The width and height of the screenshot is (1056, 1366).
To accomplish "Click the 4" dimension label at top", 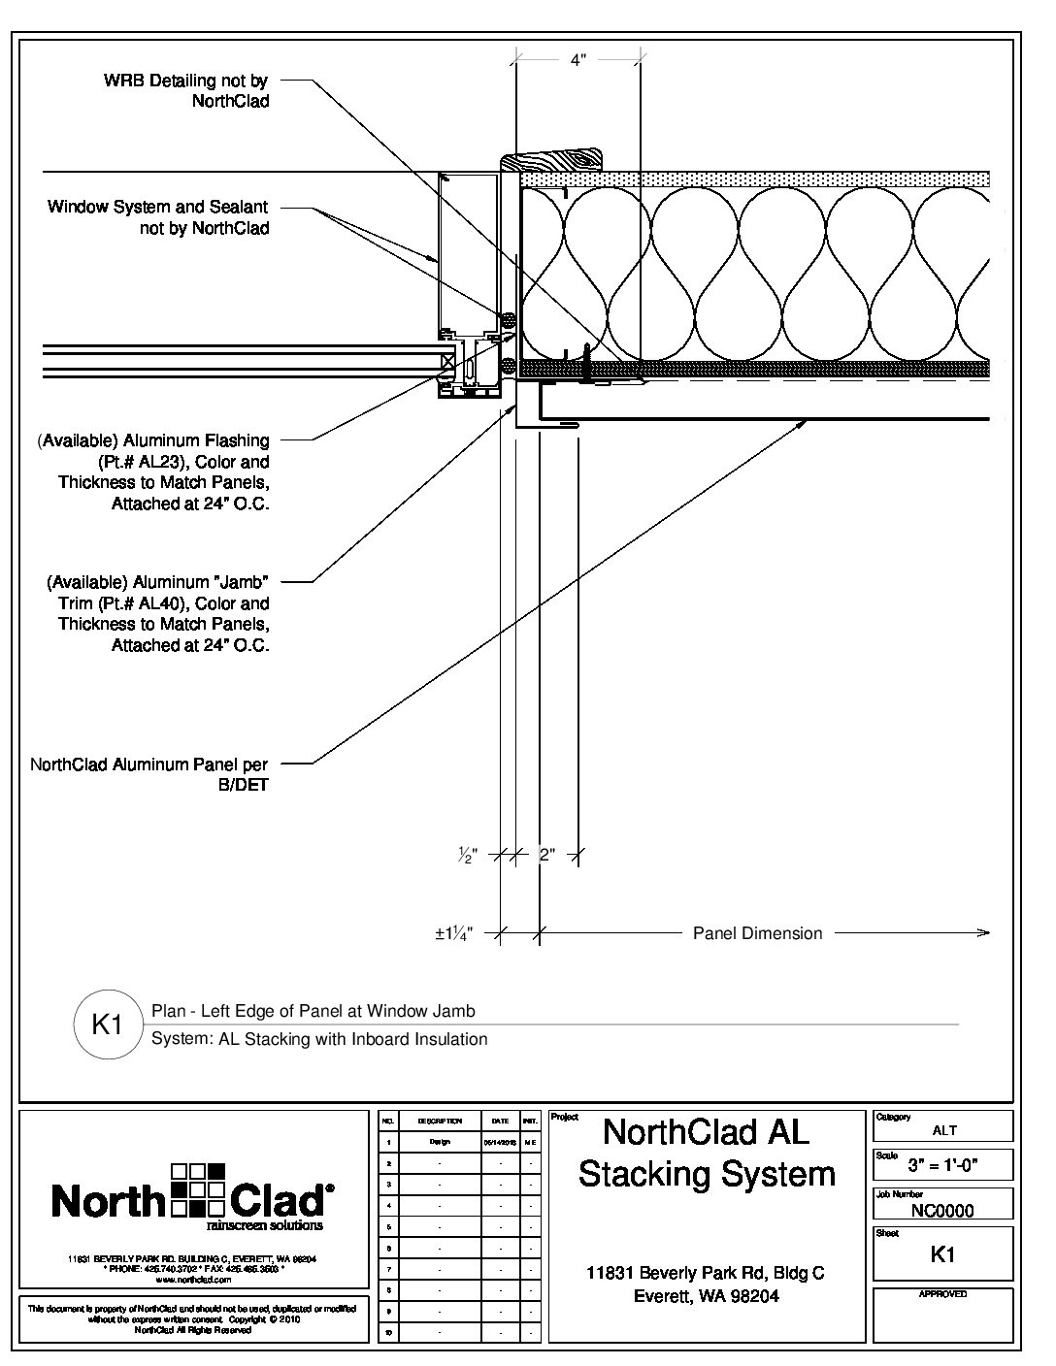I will coord(577,59).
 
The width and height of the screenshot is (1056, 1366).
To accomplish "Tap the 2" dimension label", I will coord(546,855).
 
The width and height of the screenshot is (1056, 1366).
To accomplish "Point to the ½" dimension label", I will coord(468,855).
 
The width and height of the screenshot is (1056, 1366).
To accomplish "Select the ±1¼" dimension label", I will coord(453,933).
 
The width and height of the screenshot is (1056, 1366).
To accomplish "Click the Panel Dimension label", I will coord(757,933).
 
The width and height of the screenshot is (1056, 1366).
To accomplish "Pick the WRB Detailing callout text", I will coord(186,90).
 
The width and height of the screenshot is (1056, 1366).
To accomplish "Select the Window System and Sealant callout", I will coord(158,217).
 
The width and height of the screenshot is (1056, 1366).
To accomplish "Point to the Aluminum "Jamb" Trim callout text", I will coord(158,613).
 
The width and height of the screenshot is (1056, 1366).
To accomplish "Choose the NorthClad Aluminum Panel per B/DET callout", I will coord(149,774).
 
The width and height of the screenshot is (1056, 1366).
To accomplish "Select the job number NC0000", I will coord(942,1210).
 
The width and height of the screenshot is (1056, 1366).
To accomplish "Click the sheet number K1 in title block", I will coord(942,1254).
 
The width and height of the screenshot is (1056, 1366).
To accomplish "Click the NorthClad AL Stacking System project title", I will coord(707,1153).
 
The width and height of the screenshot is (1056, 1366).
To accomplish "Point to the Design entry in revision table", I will coord(440,1142).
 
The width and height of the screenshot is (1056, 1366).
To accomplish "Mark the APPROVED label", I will coord(942,1294).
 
